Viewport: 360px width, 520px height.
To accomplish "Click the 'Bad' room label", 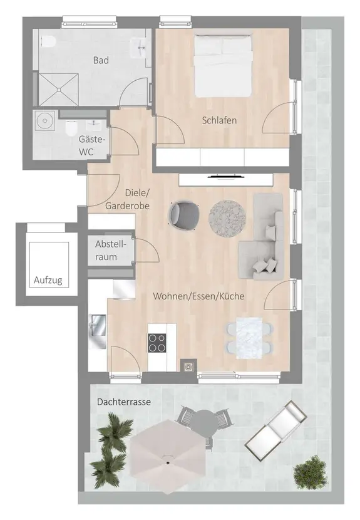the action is click(101, 60).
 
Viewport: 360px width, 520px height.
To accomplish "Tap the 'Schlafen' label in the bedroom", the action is click(220, 120).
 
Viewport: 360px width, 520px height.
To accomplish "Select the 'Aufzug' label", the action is click(48, 281).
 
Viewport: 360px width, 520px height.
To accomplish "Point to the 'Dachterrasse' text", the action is click(123, 402).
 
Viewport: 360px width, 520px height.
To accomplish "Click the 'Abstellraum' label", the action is click(111, 251).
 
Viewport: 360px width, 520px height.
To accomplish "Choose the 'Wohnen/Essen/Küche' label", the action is click(198, 296).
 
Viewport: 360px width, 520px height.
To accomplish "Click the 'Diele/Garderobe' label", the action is click(128, 199).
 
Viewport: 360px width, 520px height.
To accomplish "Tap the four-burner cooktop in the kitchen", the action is click(157, 343).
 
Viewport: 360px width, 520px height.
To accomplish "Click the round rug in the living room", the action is click(227, 218).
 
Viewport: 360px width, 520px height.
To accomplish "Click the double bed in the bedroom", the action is click(222, 66).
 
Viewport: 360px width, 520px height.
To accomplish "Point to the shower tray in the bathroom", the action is click(59, 89).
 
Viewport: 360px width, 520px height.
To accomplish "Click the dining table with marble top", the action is click(249, 338).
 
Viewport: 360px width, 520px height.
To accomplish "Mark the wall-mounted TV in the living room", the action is click(226, 177).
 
